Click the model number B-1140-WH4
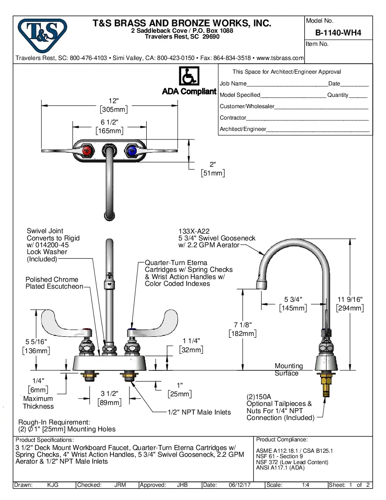click(x=338, y=33)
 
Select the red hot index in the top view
click(x=88, y=150)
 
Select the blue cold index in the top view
click(x=131, y=150)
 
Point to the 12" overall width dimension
click(x=113, y=105)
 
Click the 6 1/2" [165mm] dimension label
click(x=109, y=126)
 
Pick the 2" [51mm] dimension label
click(x=213, y=169)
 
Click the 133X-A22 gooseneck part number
click(x=194, y=231)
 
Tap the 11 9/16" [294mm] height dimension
click(x=350, y=304)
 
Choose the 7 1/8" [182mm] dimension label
click(x=242, y=329)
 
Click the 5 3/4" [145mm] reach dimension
click(x=293, y=304)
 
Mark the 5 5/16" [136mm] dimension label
click(x=36, y=346)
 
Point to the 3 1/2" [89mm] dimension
click(x=109, y=398)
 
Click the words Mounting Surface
click(x=288, y=370)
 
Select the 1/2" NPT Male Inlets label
click(x=199, y=412)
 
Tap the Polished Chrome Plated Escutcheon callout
click(x=54, y=283)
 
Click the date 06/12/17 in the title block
click(x=240, y=485)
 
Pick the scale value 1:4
click(x=306, y=485)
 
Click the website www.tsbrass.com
click(x=280, y=58)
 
